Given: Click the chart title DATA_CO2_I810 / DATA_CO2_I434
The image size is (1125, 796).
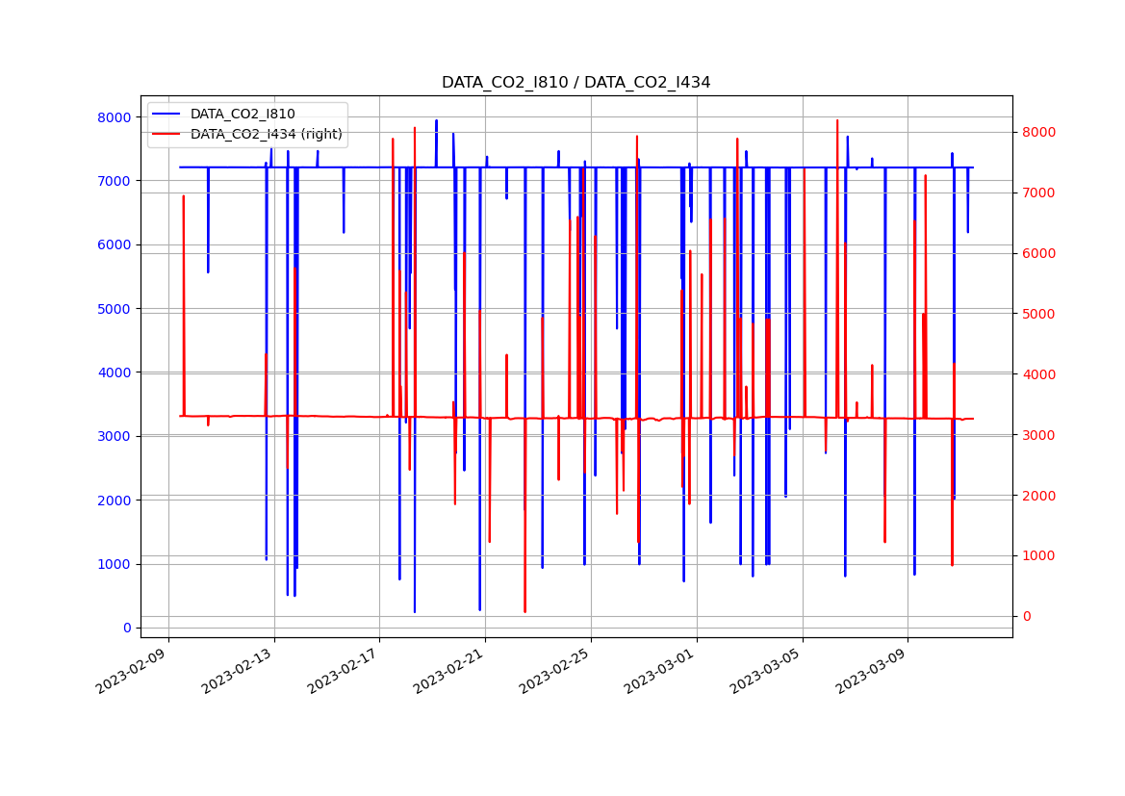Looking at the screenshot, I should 575,83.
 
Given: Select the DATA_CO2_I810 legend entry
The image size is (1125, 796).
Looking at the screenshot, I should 243,114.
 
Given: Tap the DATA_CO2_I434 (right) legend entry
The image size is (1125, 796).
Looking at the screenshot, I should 266,134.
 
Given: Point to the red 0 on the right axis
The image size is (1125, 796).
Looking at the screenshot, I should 1026,616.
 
